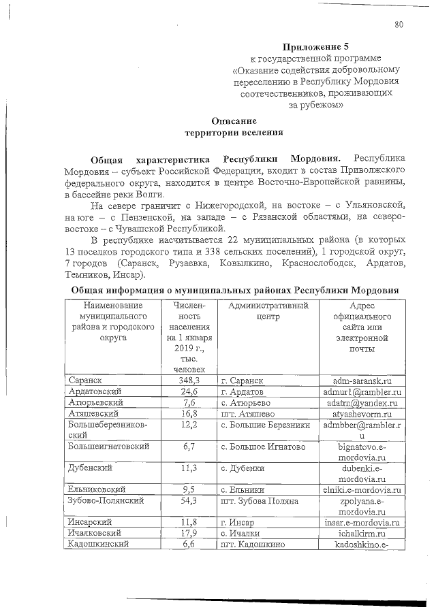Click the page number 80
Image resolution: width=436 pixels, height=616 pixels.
(x=399, y=25)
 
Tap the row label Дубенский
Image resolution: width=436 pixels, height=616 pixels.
(x=89, y=468)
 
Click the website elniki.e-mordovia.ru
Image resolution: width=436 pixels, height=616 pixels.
(x=362, y=489)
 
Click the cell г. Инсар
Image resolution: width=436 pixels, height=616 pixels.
(x=238, y=522)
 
